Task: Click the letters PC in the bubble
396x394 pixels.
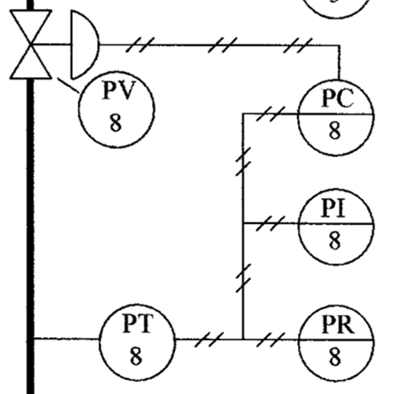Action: [338, 98]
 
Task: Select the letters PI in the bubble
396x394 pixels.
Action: [333, 208]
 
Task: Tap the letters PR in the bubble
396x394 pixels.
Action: [339, 324]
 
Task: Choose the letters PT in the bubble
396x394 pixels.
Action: [138, 323]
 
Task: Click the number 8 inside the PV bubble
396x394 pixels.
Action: [116, 123]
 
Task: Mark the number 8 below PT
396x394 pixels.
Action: [136, 355]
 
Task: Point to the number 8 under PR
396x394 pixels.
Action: [335, 357]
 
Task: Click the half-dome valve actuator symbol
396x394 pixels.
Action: [85, 45]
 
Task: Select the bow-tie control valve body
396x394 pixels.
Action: [31, 44]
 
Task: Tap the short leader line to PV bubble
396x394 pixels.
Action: [68, 85]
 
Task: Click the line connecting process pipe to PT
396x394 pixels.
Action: [67, 338]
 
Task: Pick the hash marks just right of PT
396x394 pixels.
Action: [209, 340]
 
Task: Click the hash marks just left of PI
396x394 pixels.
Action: [270, 223]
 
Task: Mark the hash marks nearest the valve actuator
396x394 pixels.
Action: [141, 45]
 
